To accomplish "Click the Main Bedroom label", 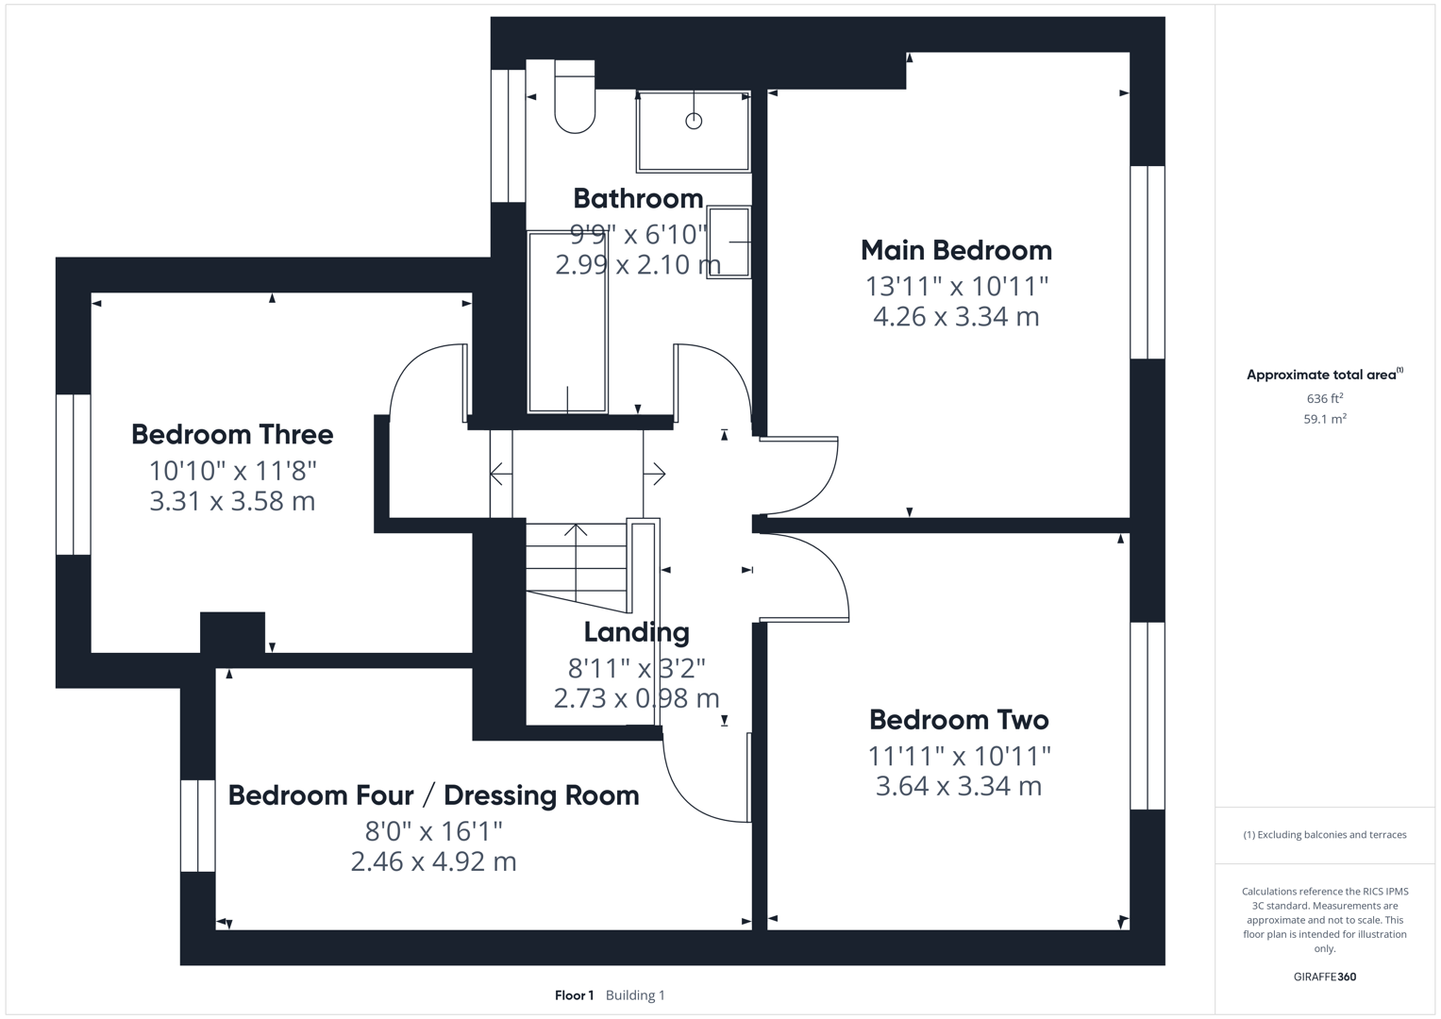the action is pos(956,250).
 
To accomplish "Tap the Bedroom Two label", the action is pos(959,720).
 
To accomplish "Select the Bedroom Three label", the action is pos(232,435).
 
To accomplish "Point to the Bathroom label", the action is pos(638,199).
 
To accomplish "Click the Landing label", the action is pos(636,633).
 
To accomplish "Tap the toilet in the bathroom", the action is pos(575,96).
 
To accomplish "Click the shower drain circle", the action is pos(694,121).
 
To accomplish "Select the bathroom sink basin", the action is pos(729,242).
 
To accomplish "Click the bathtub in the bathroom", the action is pos(567,322).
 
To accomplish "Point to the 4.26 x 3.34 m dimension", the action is pos(956,316).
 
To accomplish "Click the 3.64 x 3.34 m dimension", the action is pos(959,786).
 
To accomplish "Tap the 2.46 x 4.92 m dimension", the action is pos(433,862).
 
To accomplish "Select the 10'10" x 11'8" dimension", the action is pos(233,471).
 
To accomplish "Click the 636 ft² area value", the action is pos(1325,398).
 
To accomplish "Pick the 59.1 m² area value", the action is pos(1325,419).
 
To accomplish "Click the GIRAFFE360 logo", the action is pos(1325,977).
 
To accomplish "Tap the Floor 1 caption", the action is pos(574,995).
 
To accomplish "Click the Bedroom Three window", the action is pos(74,474).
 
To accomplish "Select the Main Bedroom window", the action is pos(1148,262).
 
